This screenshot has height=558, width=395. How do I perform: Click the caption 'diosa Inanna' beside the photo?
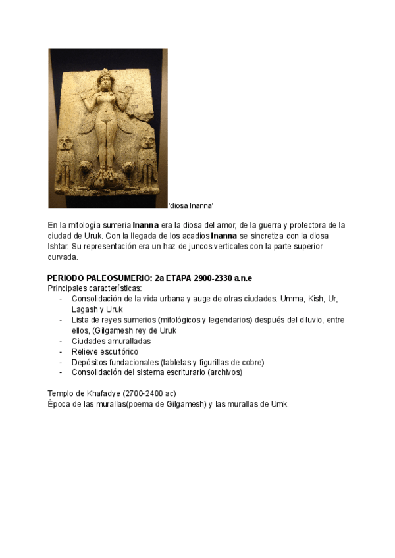pos(191,206)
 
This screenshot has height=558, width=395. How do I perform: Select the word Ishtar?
pos(59,246)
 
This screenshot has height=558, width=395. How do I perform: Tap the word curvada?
pos(63,257)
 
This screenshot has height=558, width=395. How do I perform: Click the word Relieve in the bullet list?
pos(86,351)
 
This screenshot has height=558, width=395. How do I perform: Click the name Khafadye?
pos(107,393)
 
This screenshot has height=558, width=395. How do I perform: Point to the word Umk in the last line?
pos(279,404)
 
